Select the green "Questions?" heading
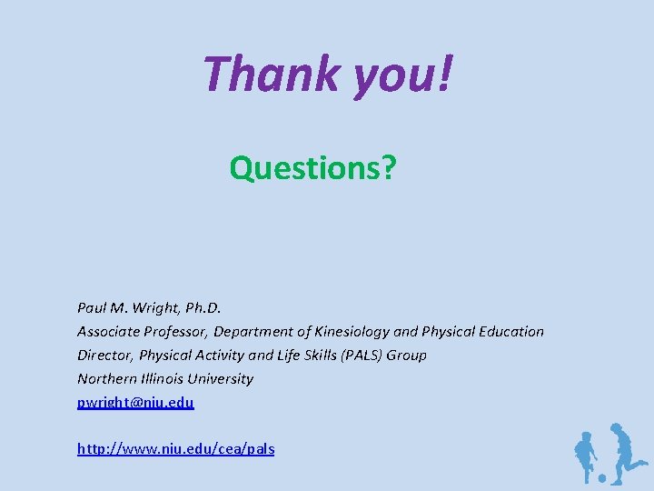[x=312, y=167]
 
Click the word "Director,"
[x=104, y=356]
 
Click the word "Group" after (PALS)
[x=407, y=356]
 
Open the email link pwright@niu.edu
[x=135, y=402]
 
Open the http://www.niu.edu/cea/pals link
[x=175, y=449]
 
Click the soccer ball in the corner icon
[x=601, y=476]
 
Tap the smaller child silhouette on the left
[x=584, y=455]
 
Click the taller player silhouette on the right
[x=626, y=450]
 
